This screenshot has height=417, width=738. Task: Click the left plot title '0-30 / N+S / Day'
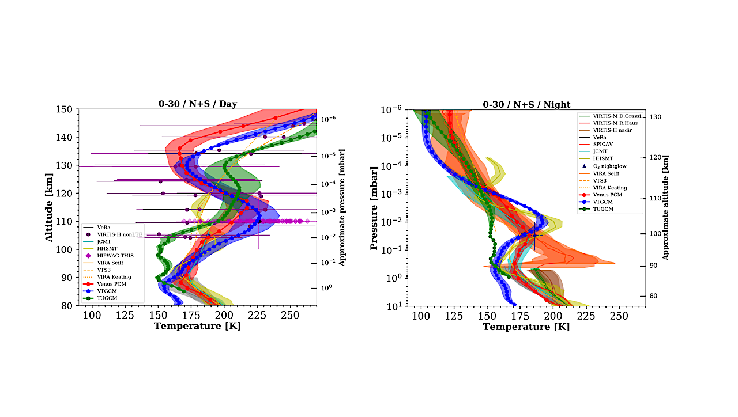(x=198, y=104)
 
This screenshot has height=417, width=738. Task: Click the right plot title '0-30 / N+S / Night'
(x=526, y=104)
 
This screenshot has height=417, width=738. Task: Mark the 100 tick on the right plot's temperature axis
(x=421, y=316)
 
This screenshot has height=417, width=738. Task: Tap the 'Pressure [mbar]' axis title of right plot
(x=374, y=207)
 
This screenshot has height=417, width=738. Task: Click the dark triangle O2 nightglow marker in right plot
(x=534, y=236)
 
